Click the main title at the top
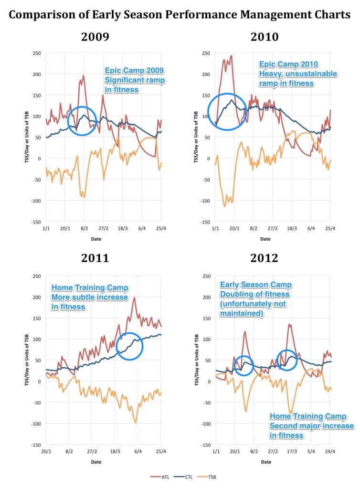click(x=180, y=15)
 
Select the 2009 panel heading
click(x=95, y=36)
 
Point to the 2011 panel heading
click(x=95, y=258)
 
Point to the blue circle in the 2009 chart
click(x=83, y=120)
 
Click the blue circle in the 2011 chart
click(x=129, y=345)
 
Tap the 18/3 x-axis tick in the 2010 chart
click(x=291, y=229)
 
